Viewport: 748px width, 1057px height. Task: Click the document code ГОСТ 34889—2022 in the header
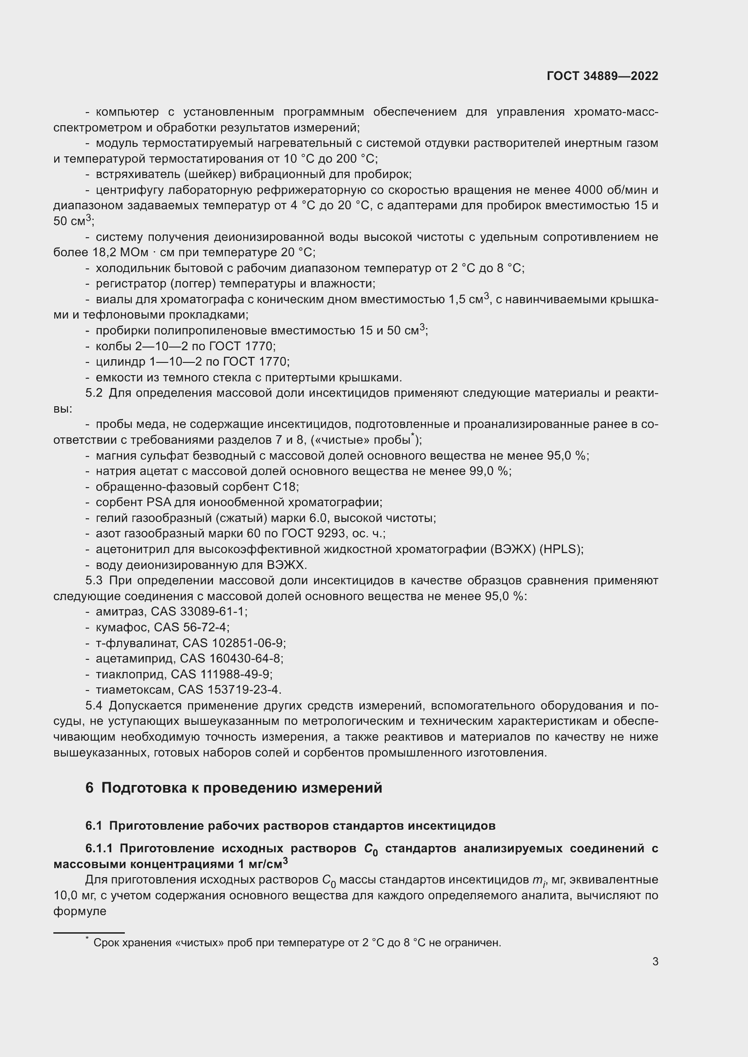[602, 76]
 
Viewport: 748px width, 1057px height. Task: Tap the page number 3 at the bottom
[655, 961]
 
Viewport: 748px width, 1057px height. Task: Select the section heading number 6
[90, 788]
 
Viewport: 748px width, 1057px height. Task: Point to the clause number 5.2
[94, 393]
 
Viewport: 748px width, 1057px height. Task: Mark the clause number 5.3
[94, 581]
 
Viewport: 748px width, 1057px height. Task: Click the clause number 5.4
[94, 706]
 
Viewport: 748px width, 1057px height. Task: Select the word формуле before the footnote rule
[80, 911]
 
